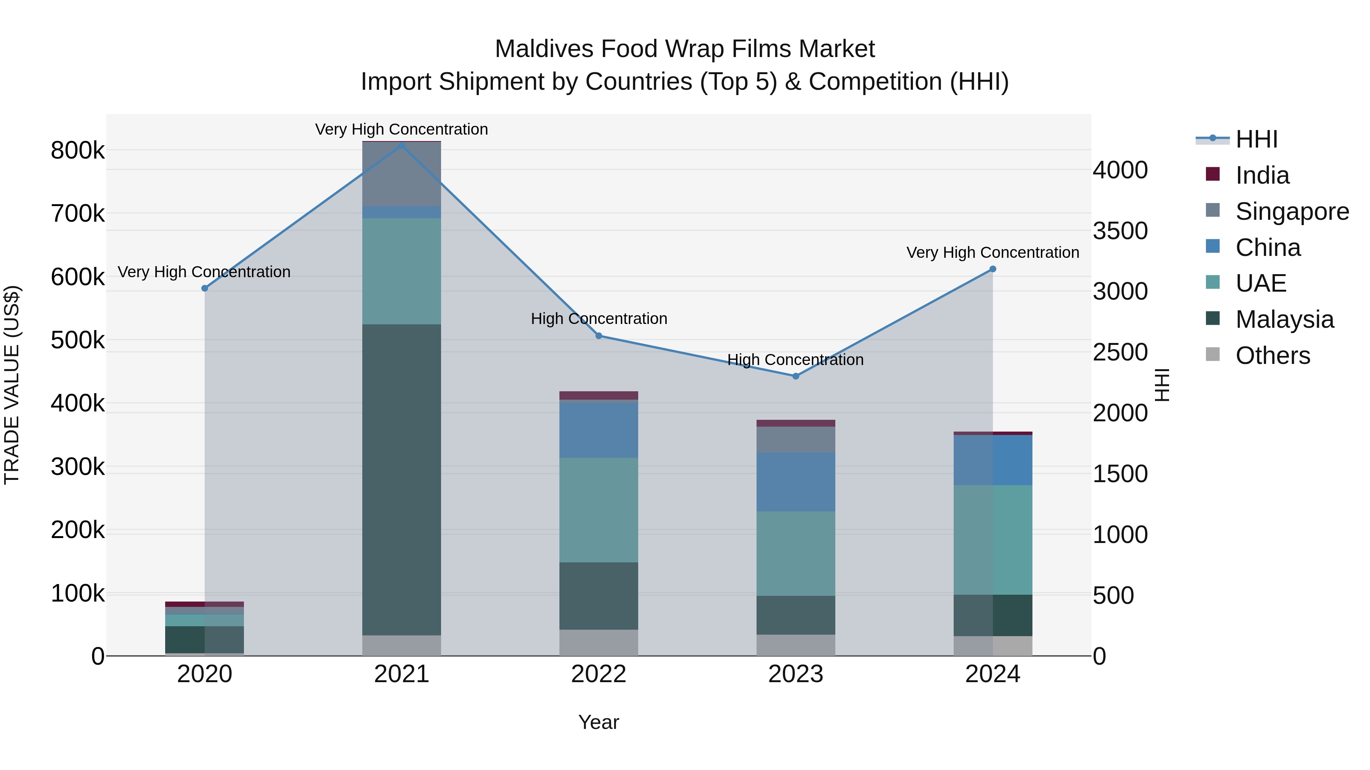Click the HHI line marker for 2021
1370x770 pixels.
click(401, 146)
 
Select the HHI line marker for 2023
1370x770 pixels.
click(796, 376)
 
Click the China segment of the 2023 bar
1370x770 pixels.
click(796, 482)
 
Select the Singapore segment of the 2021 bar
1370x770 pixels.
click(401, 174)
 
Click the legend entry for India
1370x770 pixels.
click(1262, 175)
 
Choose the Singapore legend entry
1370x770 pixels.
click(1291, 211)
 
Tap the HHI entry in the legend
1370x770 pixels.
click(1256, 139)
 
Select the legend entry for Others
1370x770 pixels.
click(1272, 356)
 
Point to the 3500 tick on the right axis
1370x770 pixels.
click(1120, 231)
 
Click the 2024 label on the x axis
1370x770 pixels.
click(992, 674)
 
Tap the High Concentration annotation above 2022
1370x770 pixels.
click(599, 319)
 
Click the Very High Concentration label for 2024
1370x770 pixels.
click(992, 252)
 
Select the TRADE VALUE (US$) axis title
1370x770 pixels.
click(12, 385)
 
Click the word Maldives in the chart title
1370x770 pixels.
click(543, 49)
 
